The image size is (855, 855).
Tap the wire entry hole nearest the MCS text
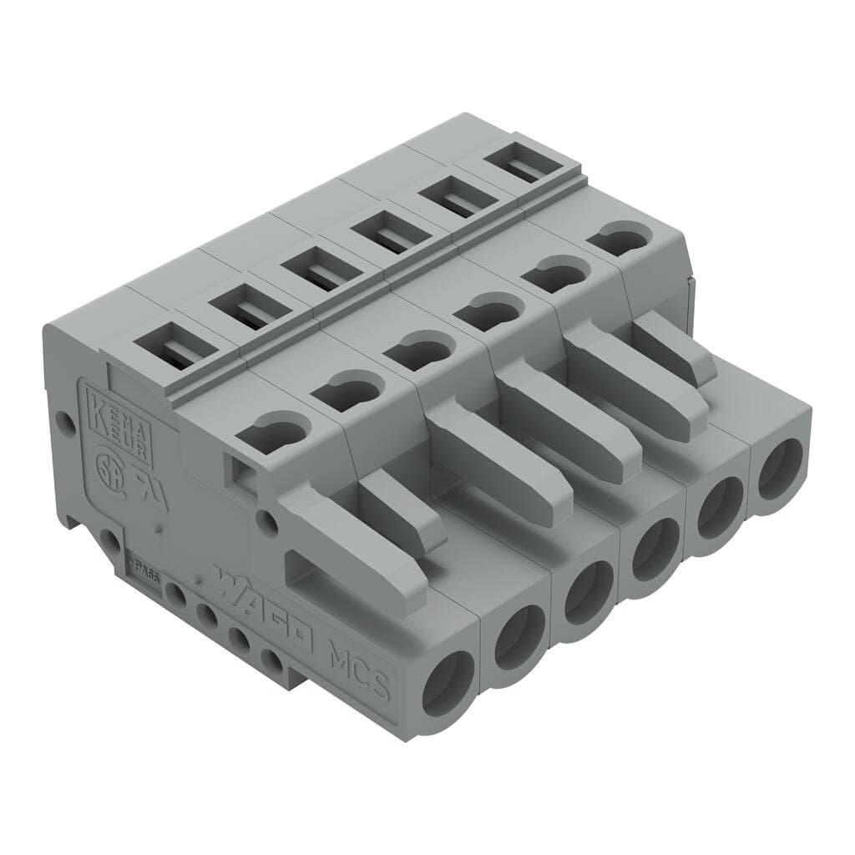tap(448, 683)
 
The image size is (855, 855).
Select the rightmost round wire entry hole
tap(781, 469)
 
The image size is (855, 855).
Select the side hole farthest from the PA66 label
tap(271, 661)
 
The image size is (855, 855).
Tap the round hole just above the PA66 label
tap(107, 539)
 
